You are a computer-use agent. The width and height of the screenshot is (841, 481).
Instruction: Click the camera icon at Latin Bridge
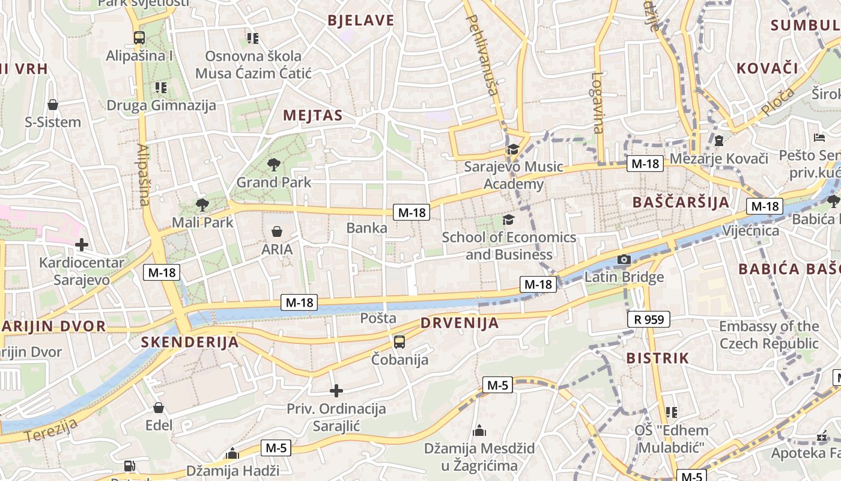(x=624, y=260)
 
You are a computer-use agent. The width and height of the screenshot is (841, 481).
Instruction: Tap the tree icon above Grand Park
(x=274, y=164)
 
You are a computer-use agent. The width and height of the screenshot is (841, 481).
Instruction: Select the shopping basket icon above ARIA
(x=277, y=231)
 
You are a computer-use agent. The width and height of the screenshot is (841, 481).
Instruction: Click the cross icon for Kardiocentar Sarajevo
(x=82, y=245)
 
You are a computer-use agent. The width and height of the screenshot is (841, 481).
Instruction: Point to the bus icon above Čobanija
(x=399, y=342)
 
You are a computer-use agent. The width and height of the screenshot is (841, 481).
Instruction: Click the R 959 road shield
(x=649, y=319)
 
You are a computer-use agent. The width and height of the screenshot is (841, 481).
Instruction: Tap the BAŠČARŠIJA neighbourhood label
(x=681, y=202)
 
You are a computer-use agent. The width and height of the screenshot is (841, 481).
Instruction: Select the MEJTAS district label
(x=312, y=115)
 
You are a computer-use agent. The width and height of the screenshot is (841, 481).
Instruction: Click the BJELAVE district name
(x=360, y=20)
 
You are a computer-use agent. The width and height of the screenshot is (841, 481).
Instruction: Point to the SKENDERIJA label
(x=190, y=342)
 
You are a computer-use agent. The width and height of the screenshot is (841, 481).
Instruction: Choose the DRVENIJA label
(x=460, y=323)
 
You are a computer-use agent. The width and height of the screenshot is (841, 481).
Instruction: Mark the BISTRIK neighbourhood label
(x=657, y=358)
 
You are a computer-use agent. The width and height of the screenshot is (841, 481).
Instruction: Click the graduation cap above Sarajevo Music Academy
(x=512, y=149)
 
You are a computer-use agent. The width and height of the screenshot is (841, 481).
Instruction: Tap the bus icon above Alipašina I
(x=139, y=38)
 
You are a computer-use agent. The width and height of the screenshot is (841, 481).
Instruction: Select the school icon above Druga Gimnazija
(x=160, y=88)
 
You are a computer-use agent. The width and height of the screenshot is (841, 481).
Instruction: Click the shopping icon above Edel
(x=159, y=408)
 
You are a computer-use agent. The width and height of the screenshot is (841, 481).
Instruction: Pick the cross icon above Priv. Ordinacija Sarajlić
(x=336, y=391)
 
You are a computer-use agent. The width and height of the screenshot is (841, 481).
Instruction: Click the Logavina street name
(x=597, y=102)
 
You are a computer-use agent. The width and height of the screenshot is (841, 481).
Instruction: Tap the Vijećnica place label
(x=750, y=231)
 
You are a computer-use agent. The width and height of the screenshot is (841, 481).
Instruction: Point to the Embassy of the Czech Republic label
(x=769, y=335)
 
